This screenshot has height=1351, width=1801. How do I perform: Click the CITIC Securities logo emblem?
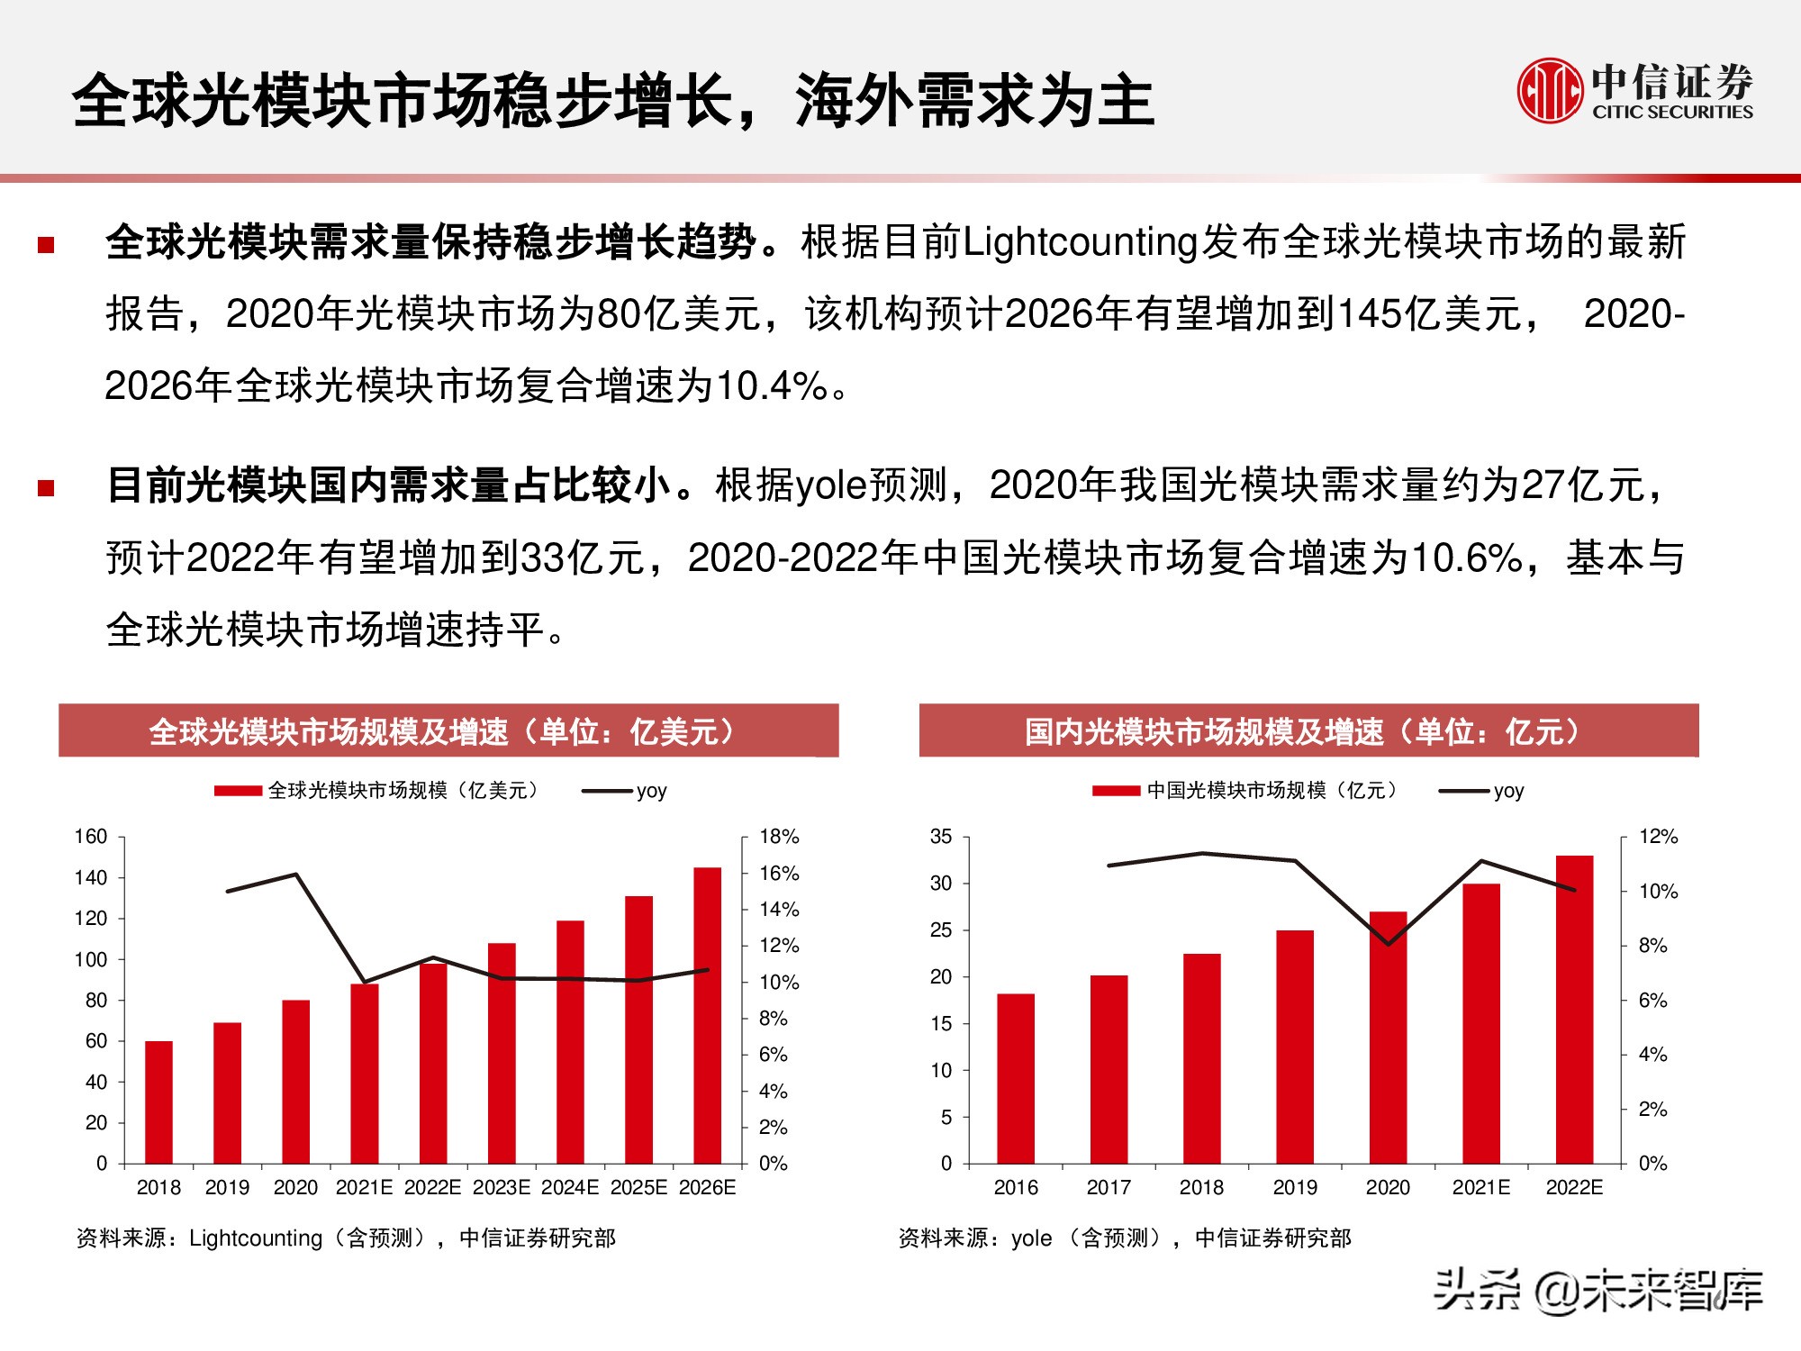pos(1549,90)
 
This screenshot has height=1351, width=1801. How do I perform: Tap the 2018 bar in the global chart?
pos(158,1102)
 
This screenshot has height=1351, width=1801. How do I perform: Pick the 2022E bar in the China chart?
pos(1574,1009)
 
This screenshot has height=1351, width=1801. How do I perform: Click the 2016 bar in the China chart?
pos(1016,1078)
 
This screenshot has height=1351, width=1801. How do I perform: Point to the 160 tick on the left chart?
pos(90,837)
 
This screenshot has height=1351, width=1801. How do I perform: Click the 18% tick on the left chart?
pos(779,837)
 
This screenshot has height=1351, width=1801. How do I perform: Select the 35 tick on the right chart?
pos(940,837)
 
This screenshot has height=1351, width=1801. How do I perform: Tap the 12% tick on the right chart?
pos(1658,837)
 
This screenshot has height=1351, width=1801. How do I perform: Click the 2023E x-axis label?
pos(502,1188)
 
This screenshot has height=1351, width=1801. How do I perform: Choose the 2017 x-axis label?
pos(1109,1188)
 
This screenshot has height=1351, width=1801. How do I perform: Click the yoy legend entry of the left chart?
pos(650,791)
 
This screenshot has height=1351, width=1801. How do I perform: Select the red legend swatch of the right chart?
pos(1117,791)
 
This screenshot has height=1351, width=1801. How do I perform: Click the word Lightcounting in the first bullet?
pos(1080,242)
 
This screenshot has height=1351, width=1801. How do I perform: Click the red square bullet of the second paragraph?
pos(46,488)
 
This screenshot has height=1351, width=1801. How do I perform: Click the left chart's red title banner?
pos(448,730)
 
